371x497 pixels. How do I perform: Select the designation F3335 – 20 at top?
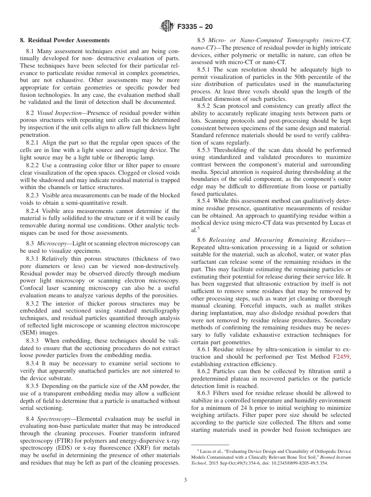click(x=195, y=27)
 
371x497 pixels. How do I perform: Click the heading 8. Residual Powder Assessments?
click(x=65, y=40)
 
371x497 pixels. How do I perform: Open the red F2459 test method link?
click(x=342, y=357)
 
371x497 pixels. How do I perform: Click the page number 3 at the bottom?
click(x=185, y=480)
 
